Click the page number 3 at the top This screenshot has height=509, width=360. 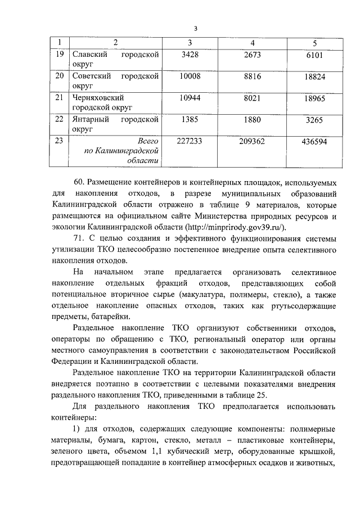point(195,29)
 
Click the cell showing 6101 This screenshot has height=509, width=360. point(314,57)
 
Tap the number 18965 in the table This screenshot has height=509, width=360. point(314,100)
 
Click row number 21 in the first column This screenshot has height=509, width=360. point(59,97)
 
